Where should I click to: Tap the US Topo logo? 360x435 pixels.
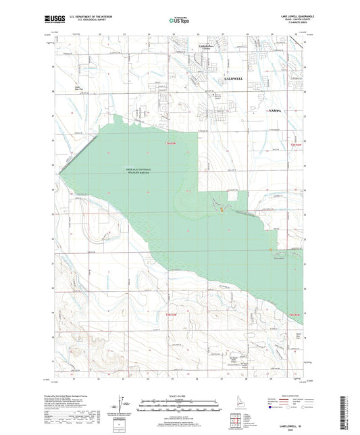(x=178, y=21)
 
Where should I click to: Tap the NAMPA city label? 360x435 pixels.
(x=276, y=109)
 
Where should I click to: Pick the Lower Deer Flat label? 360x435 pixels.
(x=80, y=87)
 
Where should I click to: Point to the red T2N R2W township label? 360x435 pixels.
(x=294, y=315)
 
